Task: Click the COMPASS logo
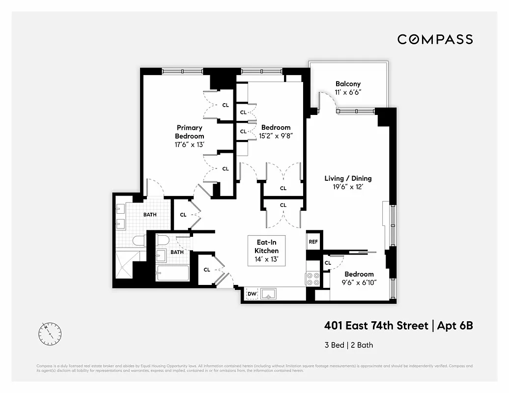click(435, 39)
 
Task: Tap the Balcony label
click(348, 84)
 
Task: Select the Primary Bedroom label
click(190, 132)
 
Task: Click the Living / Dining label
click(348, 178)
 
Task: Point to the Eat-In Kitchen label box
click(267, 251)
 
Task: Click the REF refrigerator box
click(313, 242)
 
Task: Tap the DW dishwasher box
click(252, 294)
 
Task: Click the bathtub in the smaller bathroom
click(172, 273)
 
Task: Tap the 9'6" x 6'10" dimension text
click(359, 282)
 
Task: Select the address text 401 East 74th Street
click(376, 325)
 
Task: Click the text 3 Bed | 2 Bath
click(348, 345)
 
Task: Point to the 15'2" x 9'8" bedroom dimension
click(276, 136)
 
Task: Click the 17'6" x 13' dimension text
click(190, 144)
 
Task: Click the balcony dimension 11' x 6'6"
click(348, 92)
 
